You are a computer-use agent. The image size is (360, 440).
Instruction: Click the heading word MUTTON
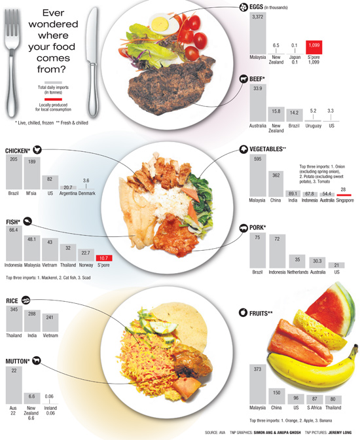coord(18,361)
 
